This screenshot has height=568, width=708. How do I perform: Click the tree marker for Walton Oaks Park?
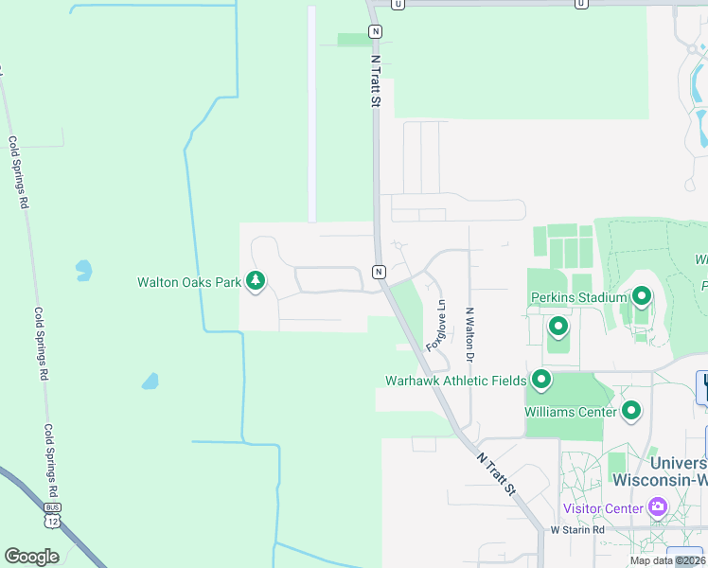coord(255,281)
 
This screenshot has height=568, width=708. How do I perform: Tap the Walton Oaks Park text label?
coord(189,282)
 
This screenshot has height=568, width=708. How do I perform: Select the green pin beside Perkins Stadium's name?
coord(642,298)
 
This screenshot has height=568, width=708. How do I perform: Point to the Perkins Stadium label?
coord(579,297)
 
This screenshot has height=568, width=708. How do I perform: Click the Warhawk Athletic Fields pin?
coord(541,381)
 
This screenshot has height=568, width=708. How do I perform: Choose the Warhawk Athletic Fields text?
coord(455,381)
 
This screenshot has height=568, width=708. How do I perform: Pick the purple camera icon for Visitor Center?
coord(657,508)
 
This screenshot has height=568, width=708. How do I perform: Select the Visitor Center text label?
coord(603,508)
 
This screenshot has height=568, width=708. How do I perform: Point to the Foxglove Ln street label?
coord(437,325)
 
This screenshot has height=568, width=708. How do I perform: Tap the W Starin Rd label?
coord(577,530)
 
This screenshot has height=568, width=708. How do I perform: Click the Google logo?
coord(31,557)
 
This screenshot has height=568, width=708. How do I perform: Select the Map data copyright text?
coord(665,560)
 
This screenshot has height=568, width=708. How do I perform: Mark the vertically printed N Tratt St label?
coord(376,80)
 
